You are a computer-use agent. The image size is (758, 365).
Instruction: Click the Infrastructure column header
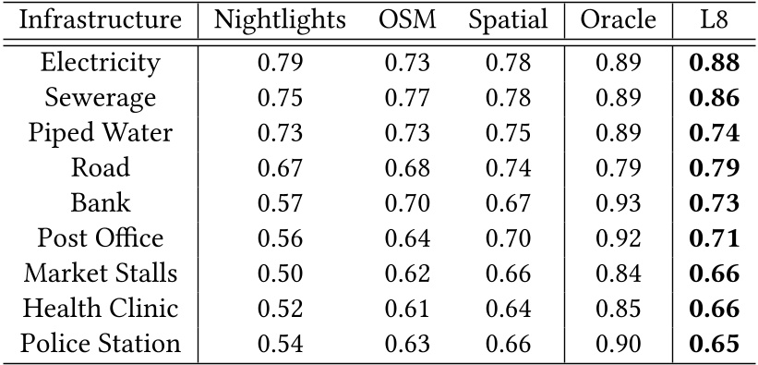(x=101, y=20)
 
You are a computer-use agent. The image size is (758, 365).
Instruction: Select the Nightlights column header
(x=280, y=20)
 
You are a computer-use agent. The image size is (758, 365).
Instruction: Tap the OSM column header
(x=407, y=20)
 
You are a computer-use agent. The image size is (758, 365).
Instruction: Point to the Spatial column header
(x=508, y=20)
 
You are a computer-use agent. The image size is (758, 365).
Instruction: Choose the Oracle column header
(x=619, y=20)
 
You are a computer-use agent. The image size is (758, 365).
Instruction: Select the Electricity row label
(x=101, y=63)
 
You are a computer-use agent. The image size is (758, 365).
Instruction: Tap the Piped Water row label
(x=101, y=133)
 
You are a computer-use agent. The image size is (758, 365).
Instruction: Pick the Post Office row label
(x=101, y=238)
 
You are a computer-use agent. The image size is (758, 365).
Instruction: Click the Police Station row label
(x=101, y=344)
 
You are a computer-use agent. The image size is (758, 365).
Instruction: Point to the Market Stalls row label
(x=101, y=274)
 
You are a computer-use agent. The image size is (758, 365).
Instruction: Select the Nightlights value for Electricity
(x=280, y=63)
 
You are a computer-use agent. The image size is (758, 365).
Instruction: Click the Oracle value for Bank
(x=619, y=203)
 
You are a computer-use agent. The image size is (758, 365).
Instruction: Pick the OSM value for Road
(x=407, y=168)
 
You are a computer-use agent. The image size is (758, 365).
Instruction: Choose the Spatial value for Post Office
(x=508, y=238)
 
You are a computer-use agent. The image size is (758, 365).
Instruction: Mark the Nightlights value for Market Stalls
(x=280, y=274)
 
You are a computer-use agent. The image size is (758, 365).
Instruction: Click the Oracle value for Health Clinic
(x=619, y=309)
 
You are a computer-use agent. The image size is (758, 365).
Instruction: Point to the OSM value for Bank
(x=407, y=203)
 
